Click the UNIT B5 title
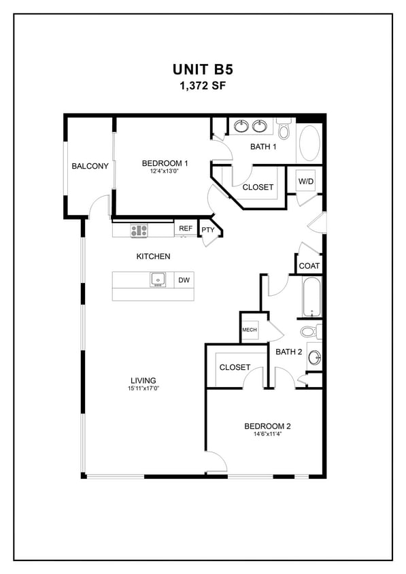click(203, 70)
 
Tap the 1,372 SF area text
click(203, 86)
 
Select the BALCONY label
click(90, 166)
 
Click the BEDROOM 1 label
click(165, 163)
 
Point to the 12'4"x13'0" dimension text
click(165, 172)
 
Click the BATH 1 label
click(263, 146)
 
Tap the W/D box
click(305, 182)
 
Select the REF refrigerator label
click(186, 229)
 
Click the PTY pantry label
click(207, 230)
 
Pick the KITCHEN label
click(153, 256)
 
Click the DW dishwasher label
click(184, 280)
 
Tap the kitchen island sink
click(158, 280)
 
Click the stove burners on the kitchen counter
click(139, 231)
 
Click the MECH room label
click(249, 331)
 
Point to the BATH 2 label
click(288, 352)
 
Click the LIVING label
click(143, 380)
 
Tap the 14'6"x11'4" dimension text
click(267, 435)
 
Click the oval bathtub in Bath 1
click(309, 143)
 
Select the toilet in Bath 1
click(284, 129)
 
